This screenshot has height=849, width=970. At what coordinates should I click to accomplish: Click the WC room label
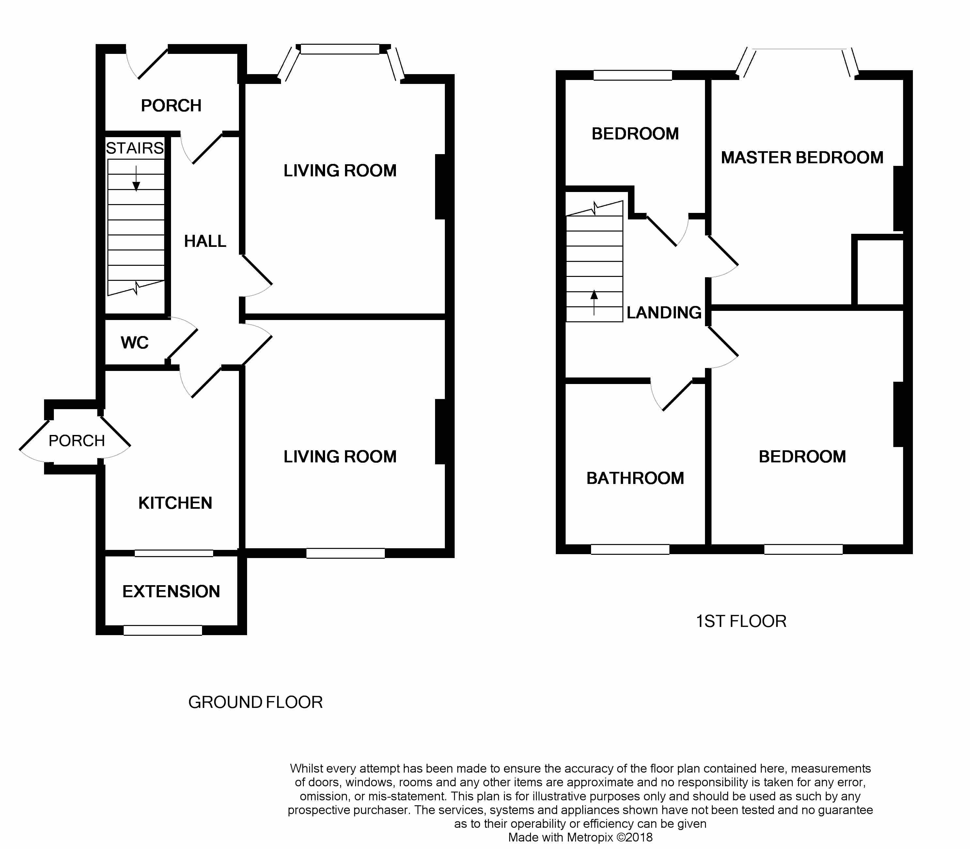[x=134, y=343]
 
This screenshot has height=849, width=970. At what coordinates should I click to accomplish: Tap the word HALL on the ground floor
[x=205, y=241]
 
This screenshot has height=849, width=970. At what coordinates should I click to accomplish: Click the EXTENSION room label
[x=171, y=591]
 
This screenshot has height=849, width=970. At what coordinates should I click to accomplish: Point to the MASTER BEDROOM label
[x=802, y=157]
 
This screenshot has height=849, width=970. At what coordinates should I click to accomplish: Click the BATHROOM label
[x=635, y=478]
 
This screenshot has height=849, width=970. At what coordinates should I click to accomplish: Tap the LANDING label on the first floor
[x=664, y=312]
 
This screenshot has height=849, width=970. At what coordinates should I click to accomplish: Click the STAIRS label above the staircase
[x=134, y=148]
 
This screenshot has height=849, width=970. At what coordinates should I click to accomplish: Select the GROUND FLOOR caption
[x=255, y=702]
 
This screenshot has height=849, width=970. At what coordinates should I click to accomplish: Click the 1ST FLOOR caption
[x=741, y=621]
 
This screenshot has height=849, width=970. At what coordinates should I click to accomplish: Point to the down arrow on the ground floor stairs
[x=136, y=179]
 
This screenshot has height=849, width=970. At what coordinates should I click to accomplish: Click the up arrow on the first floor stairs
[x=594, y=302]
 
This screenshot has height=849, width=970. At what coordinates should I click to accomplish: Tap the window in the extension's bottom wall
[x=163, y=630]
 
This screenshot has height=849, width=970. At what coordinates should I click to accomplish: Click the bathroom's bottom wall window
[x=630, y=549]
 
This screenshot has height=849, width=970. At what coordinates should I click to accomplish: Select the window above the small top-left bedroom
[x=633, y=75]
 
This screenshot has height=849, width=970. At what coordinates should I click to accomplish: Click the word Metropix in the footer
[x=590, y=837]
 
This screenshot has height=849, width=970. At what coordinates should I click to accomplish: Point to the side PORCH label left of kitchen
[x=76, y=441]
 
